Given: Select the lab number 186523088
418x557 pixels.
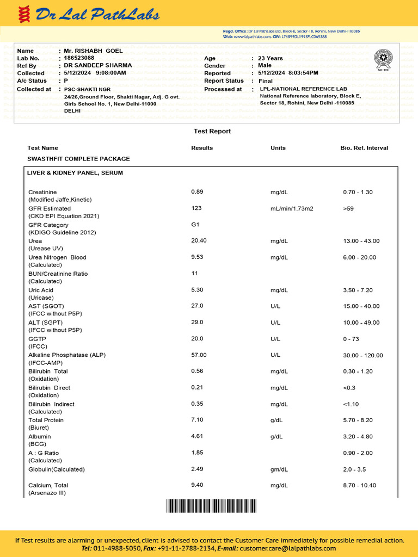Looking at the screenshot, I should click(79, 58).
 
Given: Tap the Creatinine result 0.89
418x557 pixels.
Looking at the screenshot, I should click(198, 191).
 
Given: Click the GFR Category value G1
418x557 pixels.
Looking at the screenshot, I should click(195, 224).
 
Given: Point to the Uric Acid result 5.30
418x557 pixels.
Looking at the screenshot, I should click(198, 290).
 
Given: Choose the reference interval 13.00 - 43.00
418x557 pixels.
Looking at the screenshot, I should click(361, 241).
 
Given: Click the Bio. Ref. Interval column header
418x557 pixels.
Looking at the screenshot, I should click(364, 148).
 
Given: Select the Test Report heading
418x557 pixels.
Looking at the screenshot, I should click(212, 131).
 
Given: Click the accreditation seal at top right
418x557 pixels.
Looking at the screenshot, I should click(383, 59).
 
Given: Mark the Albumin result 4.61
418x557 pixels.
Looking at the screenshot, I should click(198, 436).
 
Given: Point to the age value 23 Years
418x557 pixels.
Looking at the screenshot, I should click(270, 58).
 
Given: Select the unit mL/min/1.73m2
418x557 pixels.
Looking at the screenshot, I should click(292, 208).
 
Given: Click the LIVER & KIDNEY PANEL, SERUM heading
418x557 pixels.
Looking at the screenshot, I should click(75, 173).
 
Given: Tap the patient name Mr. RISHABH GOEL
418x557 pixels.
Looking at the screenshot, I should click(93, 51).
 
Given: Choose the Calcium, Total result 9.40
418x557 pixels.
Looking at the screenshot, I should click(198, 485).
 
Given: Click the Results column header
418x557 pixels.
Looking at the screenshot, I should click(202, 148).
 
